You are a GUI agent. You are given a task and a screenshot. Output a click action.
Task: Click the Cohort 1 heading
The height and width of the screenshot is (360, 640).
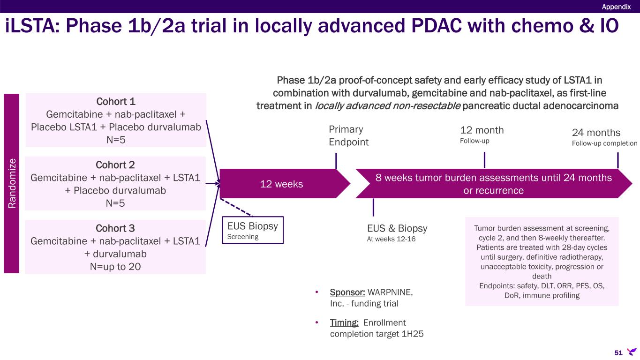click(x=115, y=101)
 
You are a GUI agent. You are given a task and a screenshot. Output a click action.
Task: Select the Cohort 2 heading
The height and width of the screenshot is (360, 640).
click(x=115, y=165)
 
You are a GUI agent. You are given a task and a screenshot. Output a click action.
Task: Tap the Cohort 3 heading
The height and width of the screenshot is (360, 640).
click(x=115, y=228)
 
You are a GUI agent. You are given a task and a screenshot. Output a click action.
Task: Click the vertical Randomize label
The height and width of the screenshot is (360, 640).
click(x=12, y=183)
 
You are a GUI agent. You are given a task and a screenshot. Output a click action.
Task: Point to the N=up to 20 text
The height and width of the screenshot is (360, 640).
click(x=115, y=266)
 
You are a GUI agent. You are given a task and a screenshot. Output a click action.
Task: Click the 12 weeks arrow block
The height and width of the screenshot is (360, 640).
click(x=281, y=184)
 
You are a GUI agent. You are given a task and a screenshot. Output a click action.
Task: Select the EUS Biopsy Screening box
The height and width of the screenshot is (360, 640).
click(x=253, y=230)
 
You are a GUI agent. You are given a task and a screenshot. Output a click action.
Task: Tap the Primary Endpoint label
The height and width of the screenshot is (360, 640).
click(x=349, y=135)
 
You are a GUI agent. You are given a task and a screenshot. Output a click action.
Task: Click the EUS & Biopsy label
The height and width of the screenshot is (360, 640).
click(x=397, y=228)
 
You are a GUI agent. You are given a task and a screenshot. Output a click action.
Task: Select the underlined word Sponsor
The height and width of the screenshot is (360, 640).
click(x=347, y=292)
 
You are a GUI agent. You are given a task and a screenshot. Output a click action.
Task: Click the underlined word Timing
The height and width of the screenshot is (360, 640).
click(x=344, y=323)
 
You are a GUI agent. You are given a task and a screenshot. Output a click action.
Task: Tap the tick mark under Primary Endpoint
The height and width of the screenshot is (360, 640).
click(x=336, y=162)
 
